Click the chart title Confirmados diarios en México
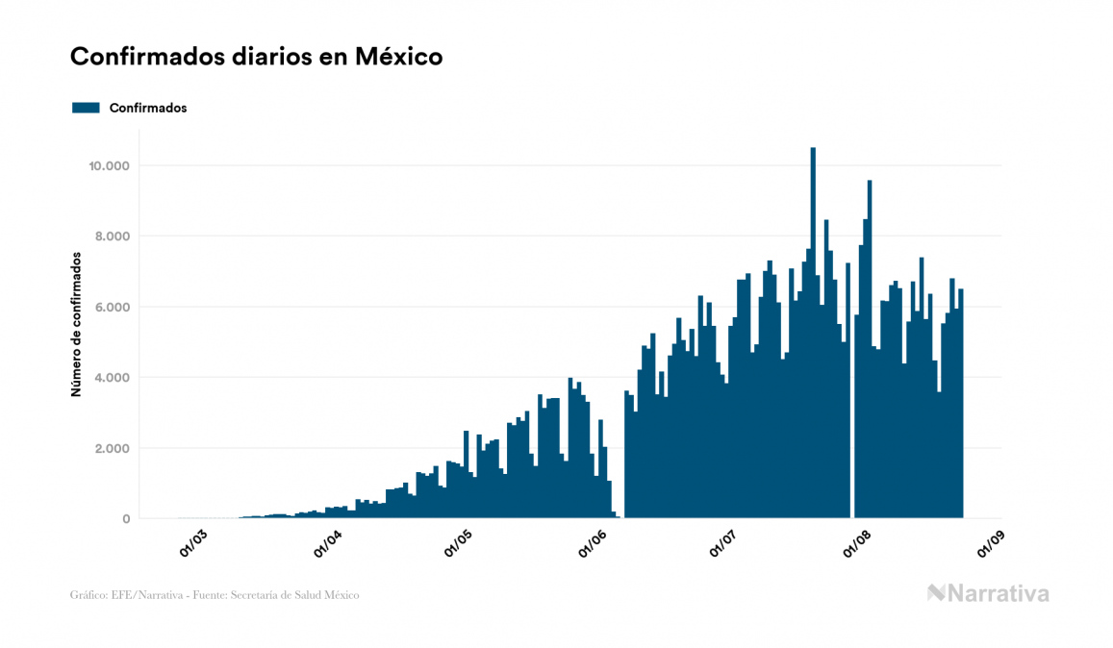click(256, 57)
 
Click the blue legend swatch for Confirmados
click(86, 108)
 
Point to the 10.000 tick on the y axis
click(109, 165)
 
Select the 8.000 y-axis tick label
click(112, 237)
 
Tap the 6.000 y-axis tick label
click(112, 307)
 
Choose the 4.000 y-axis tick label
click(112, 378)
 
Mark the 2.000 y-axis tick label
click(112, 448)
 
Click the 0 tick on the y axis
click(125, 519)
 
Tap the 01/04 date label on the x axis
click(328, 543)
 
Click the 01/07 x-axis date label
click(723, 543)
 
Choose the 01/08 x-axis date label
click(856, 543)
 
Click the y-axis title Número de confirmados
click(75, 325)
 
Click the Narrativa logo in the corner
click(988, 593)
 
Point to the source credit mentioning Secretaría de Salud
click(215, 595)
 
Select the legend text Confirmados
click(148, 108)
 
